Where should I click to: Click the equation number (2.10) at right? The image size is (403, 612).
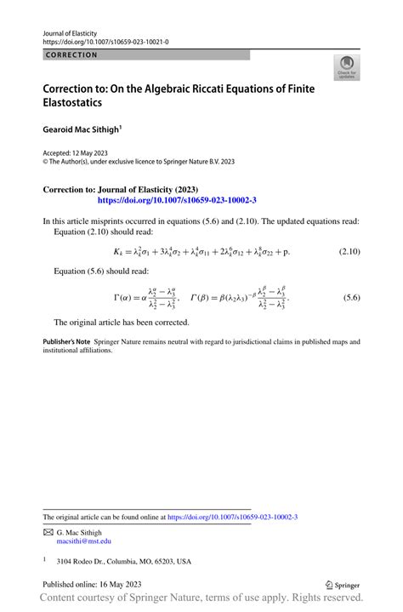click(x=349, y=252)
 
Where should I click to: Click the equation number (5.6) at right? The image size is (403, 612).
click(x=352, y=299)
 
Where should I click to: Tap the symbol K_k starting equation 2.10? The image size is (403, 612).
click(x=118, y=253)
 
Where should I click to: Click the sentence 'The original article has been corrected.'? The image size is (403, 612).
click(x=122, y=323)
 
